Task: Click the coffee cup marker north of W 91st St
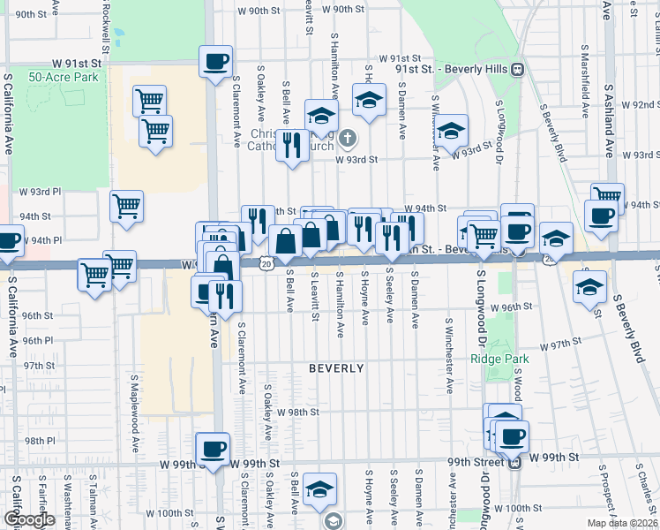click(215, 63)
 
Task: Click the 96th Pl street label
click(39, 340)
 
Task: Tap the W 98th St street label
click(296, 413)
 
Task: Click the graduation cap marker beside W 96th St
click(589, 286)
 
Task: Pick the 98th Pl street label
click(41, 440)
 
